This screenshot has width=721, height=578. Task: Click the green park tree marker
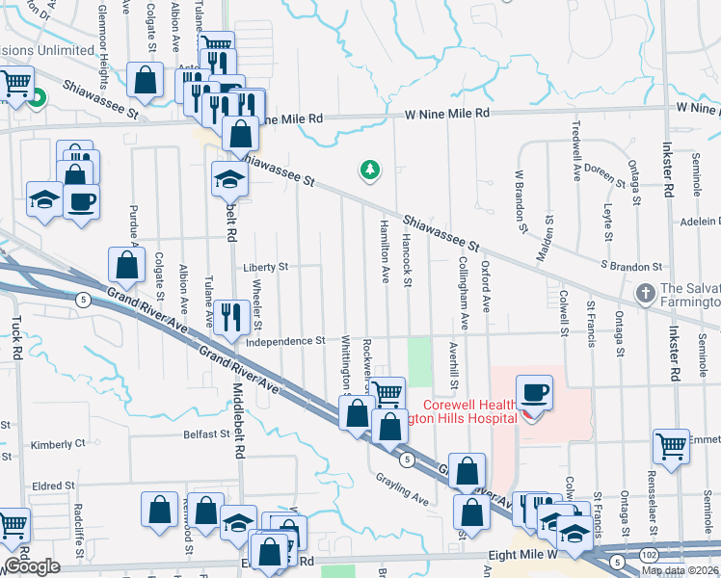369,171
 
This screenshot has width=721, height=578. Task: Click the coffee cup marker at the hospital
534,394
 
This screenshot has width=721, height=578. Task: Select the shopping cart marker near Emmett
671,447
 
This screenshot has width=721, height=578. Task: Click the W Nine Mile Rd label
447,113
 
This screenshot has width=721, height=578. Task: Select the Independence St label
284,341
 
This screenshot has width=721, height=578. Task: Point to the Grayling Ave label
402,490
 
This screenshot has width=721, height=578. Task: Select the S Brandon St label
630,266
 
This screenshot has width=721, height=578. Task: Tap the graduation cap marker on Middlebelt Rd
229,181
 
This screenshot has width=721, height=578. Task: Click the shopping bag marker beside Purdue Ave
126,264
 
